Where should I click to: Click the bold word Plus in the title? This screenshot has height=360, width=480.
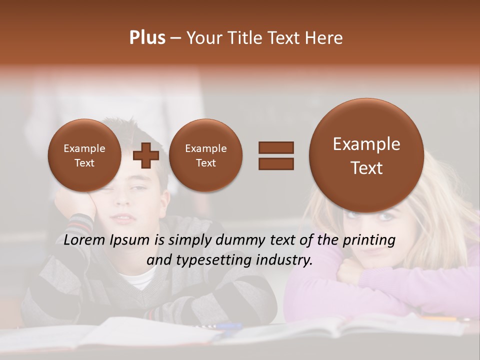coord(147,38)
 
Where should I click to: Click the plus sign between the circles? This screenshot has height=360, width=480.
coord(145,155)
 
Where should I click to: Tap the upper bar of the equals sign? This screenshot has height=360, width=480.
coord(275,147)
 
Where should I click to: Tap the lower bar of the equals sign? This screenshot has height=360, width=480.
coord(275,163)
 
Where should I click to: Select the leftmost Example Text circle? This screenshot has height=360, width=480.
coord(84,155)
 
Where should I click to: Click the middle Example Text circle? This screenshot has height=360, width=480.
coord(205,155)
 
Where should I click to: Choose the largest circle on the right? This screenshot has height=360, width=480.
coord(366,155)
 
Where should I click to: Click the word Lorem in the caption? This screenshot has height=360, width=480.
coord(82,240)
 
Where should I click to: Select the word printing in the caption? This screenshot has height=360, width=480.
coord(369,240)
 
